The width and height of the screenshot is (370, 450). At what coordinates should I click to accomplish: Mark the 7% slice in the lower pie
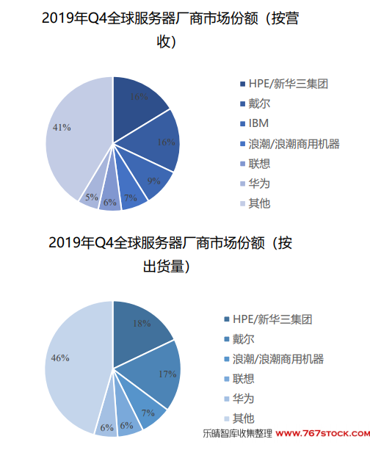click(x=146, y=407)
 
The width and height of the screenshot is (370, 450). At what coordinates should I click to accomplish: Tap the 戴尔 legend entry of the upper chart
click(x=255, y=104)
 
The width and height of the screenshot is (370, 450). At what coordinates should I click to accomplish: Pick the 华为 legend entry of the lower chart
click(x=239, y=399)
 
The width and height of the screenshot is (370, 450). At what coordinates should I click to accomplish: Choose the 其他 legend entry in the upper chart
click(x=255, y=203)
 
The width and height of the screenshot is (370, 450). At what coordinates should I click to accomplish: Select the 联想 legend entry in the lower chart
click(x=239, y=379)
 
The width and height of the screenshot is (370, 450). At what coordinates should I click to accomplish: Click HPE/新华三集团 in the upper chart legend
click(x=284, y=84)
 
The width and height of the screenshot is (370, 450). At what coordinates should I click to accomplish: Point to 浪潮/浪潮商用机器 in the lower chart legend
click(x=274, y=359)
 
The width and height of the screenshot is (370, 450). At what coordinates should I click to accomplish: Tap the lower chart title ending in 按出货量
click(x=170, y=255)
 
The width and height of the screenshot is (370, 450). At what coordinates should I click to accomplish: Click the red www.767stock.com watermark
click(x=322, y=433)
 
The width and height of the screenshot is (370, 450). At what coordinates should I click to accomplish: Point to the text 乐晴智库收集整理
click(x=237, y=433)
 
